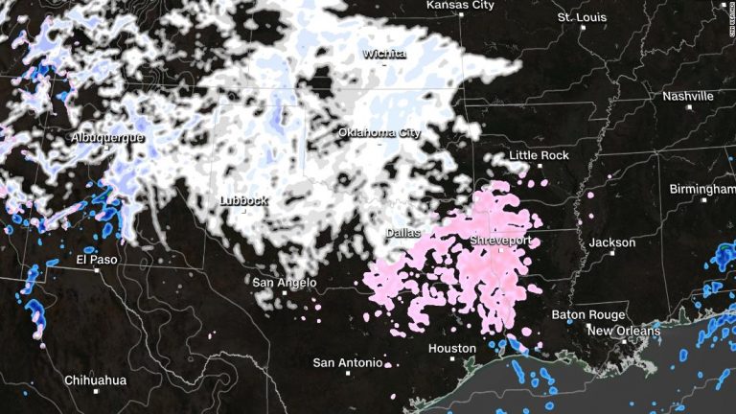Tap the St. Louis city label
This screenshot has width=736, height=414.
point(582,17)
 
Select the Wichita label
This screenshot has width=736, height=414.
point(383,55)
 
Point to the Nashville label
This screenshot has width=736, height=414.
point(687,96)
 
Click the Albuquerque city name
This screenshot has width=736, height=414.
point(107,138)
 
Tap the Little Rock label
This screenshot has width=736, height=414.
point(539,155)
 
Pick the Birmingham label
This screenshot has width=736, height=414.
point(701,189)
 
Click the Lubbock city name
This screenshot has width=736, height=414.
point(243,201)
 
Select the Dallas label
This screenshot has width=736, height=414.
point(403,233)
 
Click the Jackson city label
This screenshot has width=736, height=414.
point(611,242)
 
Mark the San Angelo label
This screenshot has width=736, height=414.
point(283,283)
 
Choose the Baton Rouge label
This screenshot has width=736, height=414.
point(588,314)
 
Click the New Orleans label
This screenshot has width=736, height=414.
point(624,331)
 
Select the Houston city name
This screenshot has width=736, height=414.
point(451,348)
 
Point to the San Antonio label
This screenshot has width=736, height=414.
point(347,362)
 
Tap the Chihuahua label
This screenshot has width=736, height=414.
point(95,380)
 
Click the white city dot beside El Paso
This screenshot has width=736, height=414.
point(97,269)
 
